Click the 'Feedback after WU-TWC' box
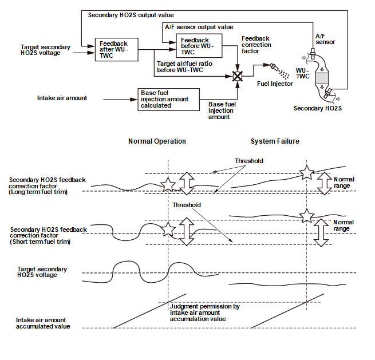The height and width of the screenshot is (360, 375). click(x=116, y=49)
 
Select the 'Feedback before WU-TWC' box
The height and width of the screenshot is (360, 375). click(x=199, y=46)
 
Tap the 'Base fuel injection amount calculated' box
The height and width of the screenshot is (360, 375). click(x=168, y=100)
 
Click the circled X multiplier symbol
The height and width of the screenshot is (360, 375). click(x=238, y=76)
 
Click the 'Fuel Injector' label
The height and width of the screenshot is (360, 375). click(x=275, y=84)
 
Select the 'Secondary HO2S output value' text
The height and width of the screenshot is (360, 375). click(x=131, y=15)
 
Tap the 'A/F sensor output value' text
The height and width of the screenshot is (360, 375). click(x=199, y=27)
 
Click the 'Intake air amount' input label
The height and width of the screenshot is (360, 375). click(x=62, y=98)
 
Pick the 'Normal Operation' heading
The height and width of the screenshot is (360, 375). click(x=157, y=141)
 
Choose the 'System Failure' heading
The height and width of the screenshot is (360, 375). click(x=275, y=141)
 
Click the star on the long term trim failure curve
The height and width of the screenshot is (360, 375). click(x=307, y=172)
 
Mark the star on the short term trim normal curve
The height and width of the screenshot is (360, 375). click(x=168, y=230)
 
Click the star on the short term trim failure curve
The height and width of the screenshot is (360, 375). click(x=307, y=216)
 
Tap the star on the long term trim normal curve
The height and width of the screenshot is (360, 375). click(x=168, y=184)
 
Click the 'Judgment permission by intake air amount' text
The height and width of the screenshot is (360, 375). click(x=205, y=310)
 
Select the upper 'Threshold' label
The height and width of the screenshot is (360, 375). click(x=249, y=161)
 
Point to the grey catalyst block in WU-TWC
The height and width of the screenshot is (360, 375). click(x=322, y=78)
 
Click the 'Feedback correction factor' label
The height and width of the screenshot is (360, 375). click(x=256, y=45)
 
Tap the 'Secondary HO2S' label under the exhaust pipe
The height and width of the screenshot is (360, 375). click(x=318, y=108)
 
